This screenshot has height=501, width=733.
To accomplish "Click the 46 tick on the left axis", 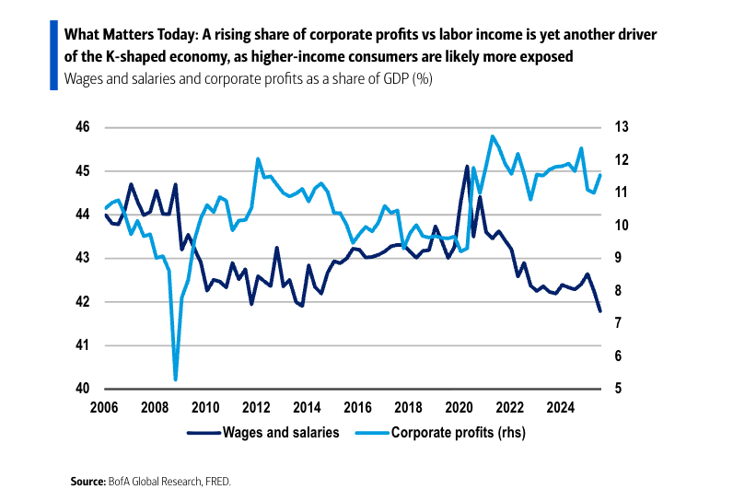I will [x=83, y=127].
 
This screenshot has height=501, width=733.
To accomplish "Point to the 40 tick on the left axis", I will [x=83, y=389].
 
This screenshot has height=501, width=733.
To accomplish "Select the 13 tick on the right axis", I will [x=622, y=127].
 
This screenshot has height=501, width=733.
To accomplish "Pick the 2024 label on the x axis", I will [x=561, y=407].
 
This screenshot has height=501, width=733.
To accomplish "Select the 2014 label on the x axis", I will [x=306, y=407].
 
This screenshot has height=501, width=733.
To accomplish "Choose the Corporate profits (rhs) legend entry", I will [x=457, y=431].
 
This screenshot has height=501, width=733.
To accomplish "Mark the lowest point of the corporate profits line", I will [x=175, y=379].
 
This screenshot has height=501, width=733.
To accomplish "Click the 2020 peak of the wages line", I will [x=467, y=167].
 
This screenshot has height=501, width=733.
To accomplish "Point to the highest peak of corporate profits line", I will [x=493, y=136].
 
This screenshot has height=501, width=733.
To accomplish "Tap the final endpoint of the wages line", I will [x=600, y=311].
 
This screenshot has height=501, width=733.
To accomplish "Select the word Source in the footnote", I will [x=88, y=482].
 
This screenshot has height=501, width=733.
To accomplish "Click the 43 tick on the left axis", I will [x=83, y=258].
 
